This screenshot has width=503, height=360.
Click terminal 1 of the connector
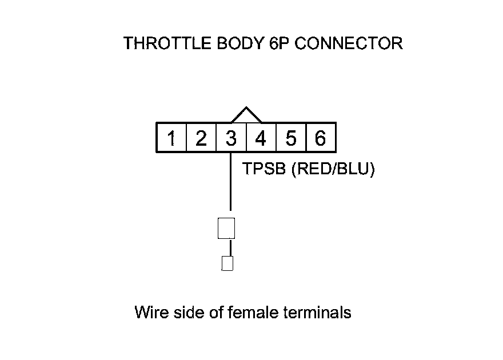coord(171,138)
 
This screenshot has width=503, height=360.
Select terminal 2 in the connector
coord(201,138)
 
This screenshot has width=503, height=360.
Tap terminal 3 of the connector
coord(231,138)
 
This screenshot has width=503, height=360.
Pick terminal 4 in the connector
coord(261,138)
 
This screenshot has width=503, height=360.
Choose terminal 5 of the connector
coord(290,138)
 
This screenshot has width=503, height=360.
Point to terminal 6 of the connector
coord(320,138)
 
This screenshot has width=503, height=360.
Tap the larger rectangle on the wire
coord(226,228)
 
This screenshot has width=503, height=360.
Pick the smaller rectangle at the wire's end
coord(227,263)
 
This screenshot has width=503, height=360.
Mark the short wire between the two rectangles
coord(230,247)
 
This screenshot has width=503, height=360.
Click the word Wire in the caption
coord(148,313)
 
